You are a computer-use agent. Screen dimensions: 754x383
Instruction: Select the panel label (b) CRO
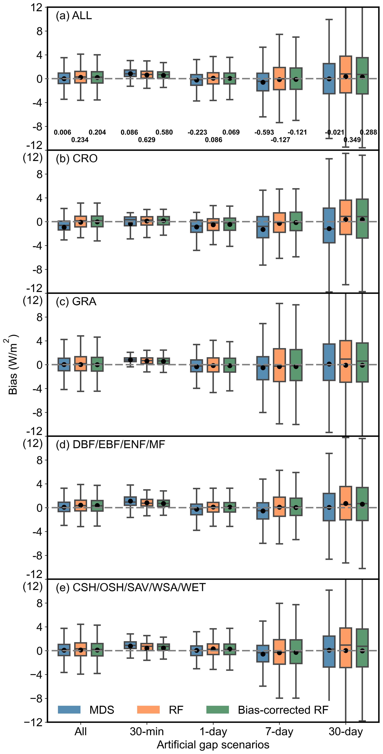77,158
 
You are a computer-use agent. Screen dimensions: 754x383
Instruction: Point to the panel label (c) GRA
76,301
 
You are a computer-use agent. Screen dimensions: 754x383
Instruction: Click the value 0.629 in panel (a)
147,140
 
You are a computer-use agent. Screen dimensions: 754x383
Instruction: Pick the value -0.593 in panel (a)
264,132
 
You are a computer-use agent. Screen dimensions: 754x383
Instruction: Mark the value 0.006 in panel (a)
62,132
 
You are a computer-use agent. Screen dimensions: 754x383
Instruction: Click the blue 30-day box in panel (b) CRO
329,225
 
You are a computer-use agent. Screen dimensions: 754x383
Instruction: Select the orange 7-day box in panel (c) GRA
279,365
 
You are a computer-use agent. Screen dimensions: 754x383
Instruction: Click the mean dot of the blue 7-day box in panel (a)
263,82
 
